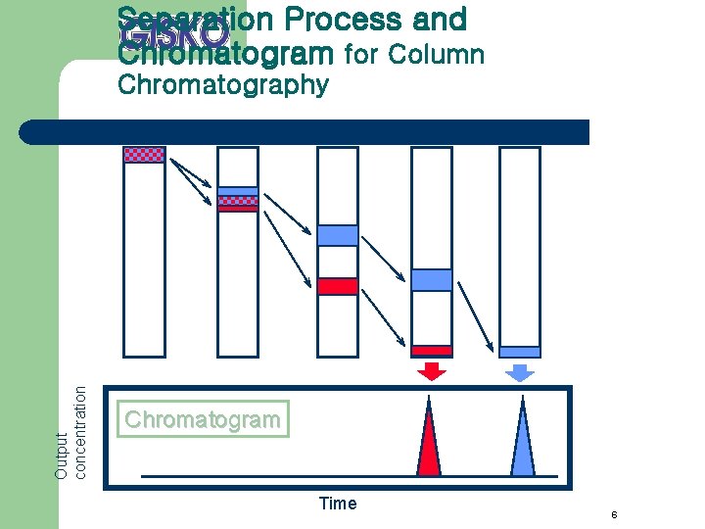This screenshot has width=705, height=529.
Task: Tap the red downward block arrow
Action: (x=431, y=370)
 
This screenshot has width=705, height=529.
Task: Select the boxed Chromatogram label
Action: (x=203, y=419)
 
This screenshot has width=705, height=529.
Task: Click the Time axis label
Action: (x=338, y=504)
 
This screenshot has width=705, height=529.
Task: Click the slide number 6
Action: (x=613, y=516)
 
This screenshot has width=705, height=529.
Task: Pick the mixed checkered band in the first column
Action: (x=144, y=154)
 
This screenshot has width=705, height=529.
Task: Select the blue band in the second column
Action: (x=238, y=192)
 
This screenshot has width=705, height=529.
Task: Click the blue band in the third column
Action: (x=338, y=235)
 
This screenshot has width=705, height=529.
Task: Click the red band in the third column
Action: (x=338, y=286)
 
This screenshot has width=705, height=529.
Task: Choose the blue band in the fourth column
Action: (x=431, y=280)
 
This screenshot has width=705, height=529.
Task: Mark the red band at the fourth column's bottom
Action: (x=431, y=350)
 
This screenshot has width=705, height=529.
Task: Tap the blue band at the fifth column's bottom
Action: (x=520, y=352)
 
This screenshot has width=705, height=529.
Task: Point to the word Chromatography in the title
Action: (x=222, y=85)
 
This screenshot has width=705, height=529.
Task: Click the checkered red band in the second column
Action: (x=238, y=205)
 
